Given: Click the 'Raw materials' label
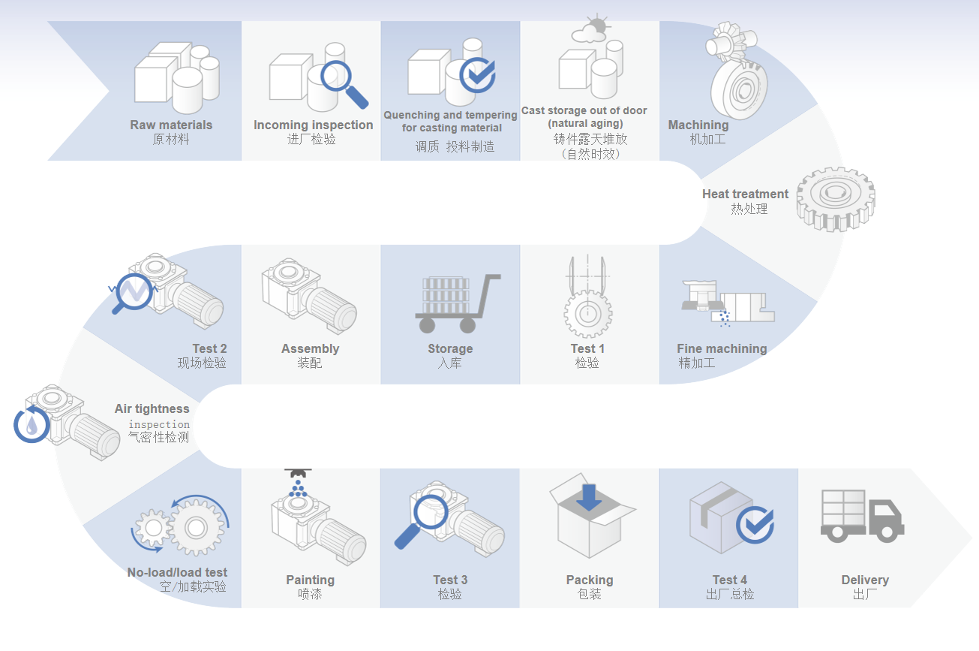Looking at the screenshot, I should click(x=171, y=125).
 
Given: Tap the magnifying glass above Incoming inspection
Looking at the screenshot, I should click(x=342, y=81).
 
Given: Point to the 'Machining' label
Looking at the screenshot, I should click(x=698, y=125).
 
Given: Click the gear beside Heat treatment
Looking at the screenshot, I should click(x=835, y=197).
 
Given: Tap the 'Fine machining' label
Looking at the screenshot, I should click(x=722, y=348).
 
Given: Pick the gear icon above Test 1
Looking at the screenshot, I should click(x=587, y=313).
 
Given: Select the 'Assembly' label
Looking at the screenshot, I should click(x=310, y=348).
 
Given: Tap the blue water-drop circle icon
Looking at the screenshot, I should click(x=32, y=424).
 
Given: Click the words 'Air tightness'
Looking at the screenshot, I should click(x=152, y=408).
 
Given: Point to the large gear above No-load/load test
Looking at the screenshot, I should click(x=195, y=527).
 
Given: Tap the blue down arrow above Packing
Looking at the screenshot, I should click(x=589, y=496).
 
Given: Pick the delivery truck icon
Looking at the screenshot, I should click(x=861, y=515).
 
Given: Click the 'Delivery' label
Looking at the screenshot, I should click(x=865, y=580).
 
